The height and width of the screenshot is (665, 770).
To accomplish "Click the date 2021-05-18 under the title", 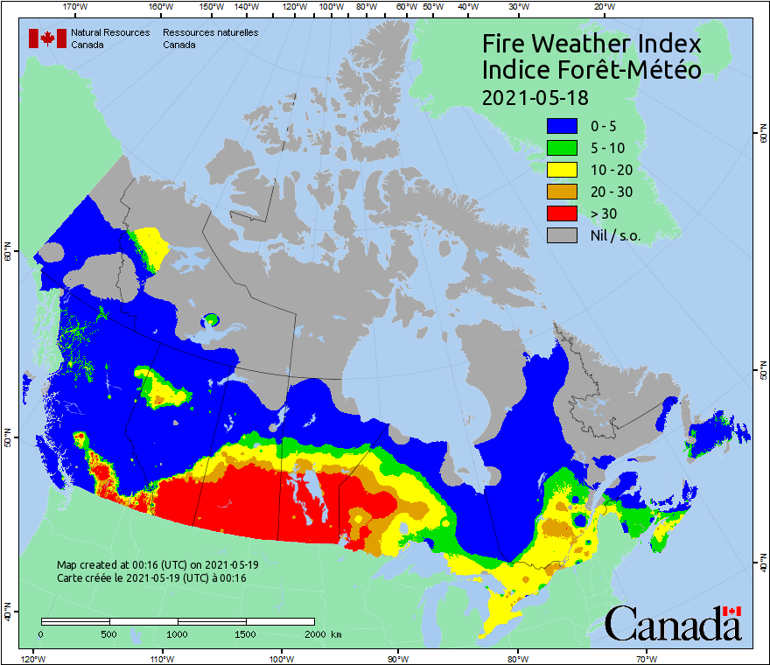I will [x=535, y=96].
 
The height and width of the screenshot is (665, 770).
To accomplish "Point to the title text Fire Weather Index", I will [x=591, y=44].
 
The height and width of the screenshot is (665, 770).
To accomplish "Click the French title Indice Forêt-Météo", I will [x=591, y=70].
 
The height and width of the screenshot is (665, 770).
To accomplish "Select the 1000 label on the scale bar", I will [x=178, y=633].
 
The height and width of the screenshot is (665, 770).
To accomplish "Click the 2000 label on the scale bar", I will [x=315, y=633].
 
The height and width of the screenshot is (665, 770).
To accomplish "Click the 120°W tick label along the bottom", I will [x=32, y=658].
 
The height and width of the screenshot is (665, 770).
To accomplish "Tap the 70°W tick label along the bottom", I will [x=646, y=658].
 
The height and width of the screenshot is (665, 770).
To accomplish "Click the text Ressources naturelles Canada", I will [x=210, y=38].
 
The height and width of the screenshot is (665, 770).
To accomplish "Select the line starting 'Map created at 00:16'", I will [x=157, y=565].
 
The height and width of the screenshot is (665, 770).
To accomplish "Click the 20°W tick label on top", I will [x=603, y=7].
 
